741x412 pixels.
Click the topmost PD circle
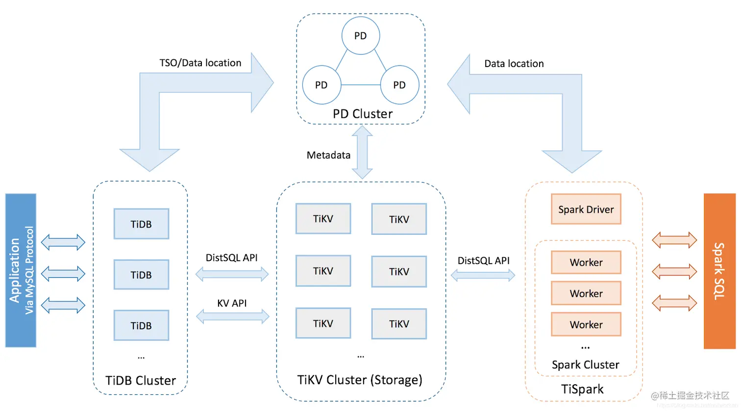click(361, 36)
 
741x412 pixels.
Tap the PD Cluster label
click(363, 114)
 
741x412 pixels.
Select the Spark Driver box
click(586, 209)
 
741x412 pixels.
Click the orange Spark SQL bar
click(719, 271)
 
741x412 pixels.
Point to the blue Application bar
click(21, 271)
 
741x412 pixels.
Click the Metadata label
click(328, 155)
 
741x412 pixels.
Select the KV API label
click(232, 303)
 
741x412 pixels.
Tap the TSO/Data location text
click(200, 63)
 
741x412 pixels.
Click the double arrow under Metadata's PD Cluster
click(363, 152)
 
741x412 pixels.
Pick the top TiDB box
click(141, 224)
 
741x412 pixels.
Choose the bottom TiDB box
click(141, 325)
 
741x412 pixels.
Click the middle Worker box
click(586, 294)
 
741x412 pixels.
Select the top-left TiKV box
click(323, 219)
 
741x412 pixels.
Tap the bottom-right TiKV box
click(399, 324)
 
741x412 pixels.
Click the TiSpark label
click(582, 389)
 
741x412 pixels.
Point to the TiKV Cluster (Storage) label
click(360, 380)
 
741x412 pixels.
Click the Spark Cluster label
click(586, 365)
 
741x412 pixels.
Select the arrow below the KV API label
click(233, 317)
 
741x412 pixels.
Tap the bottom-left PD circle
click(321, 85)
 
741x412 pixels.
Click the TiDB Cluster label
click(141, 381)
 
